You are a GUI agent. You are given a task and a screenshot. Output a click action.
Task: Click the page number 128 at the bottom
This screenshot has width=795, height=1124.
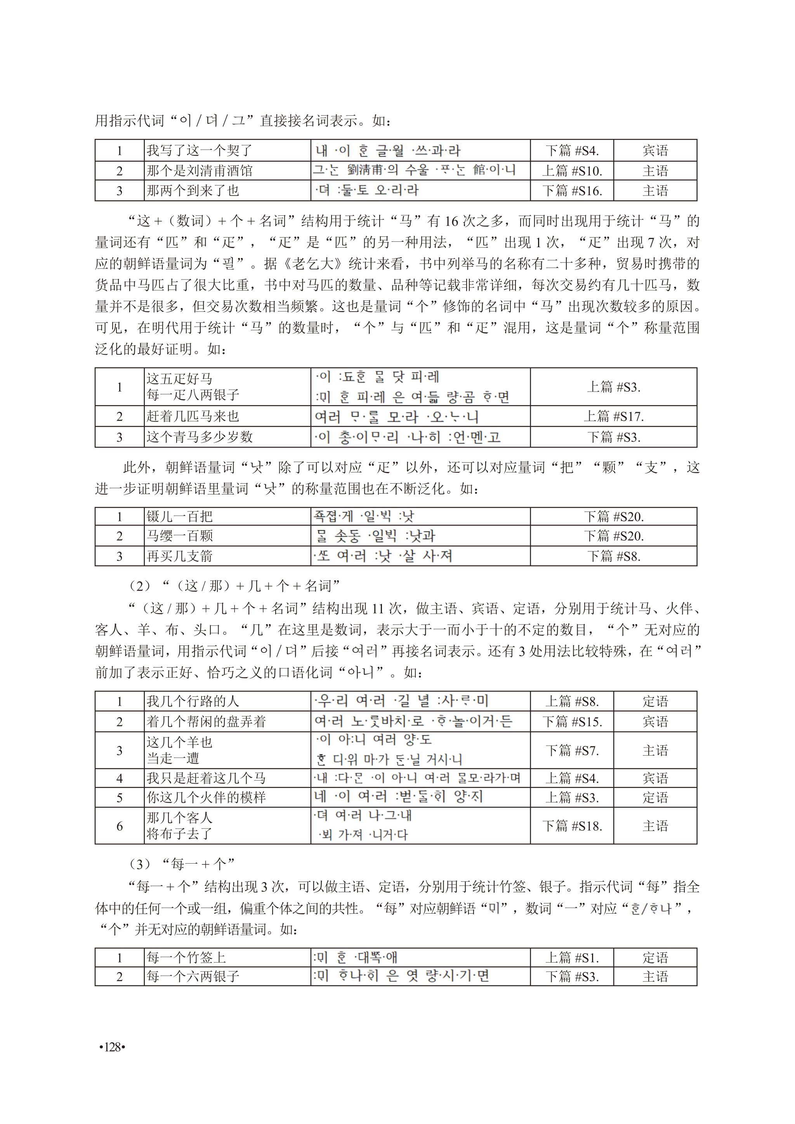[113, 1047]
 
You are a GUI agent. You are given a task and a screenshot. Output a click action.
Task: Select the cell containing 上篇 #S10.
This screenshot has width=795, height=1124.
[572, 171]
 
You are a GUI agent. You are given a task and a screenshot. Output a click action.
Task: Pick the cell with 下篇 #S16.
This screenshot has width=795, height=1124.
[572, 191]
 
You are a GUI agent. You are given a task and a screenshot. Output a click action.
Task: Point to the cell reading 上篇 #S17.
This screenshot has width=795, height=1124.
[613, 416]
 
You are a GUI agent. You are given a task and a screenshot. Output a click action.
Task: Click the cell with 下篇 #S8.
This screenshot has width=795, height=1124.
[613, 556]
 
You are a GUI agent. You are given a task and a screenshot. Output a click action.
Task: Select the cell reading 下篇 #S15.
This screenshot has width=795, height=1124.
[572, 722]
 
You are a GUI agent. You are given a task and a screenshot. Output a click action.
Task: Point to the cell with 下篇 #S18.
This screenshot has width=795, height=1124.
[572, 826]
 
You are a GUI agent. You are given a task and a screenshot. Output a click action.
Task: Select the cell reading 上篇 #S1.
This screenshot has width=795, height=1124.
[572, 957]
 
